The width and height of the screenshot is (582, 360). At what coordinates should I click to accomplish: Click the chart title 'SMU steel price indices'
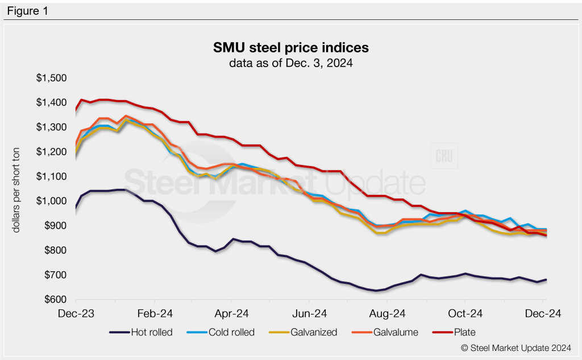pyautogui.click(x=290, y=47)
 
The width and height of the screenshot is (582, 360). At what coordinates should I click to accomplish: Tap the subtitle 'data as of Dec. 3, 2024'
pyautogui.click(x=290, y=63)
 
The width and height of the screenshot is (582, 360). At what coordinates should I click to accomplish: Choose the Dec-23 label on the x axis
pyautogui.click(x=76, y=313)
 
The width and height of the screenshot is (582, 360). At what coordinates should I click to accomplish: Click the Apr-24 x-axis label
pyautogui.click(x=232, y=313)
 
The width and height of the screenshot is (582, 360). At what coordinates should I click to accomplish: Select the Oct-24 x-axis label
pyautogui.click(x=465, y=313)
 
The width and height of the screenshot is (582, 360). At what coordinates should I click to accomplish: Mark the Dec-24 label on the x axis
pyautogui.click(x=543, y=313)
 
